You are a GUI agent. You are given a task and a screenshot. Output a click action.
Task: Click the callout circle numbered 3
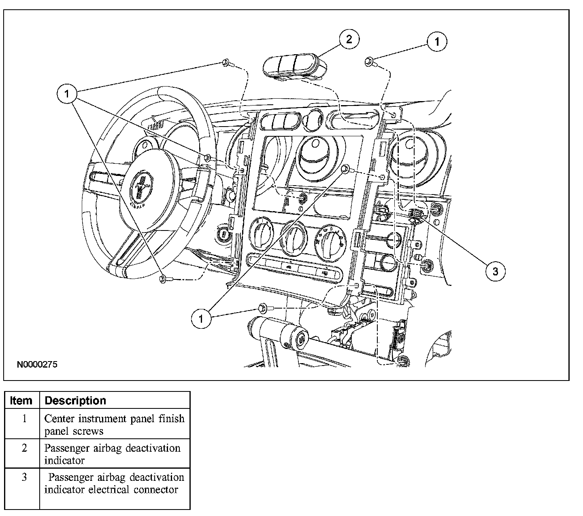[496, 271]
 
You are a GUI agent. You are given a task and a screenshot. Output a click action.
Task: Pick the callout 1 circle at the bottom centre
[201, 319]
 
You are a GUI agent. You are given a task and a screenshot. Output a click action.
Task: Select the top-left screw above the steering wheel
[225, 62]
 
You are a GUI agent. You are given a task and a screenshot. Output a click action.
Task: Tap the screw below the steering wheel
[163, 279]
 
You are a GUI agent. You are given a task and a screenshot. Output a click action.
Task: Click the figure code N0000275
[37, 365]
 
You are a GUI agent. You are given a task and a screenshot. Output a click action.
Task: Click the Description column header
[75, 401]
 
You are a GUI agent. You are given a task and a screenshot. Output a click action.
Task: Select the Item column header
[21, 401]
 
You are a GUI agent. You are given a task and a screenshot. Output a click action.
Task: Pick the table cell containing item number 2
[24, 448]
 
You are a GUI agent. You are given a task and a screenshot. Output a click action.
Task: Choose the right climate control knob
[330, 238]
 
